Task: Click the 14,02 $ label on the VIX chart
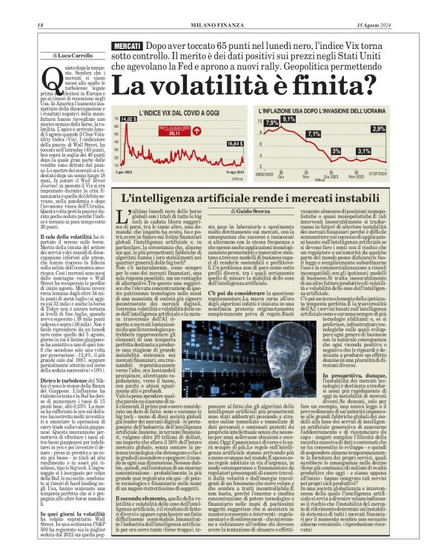(129, 119)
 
